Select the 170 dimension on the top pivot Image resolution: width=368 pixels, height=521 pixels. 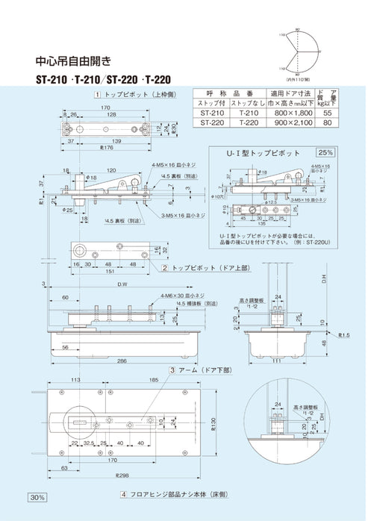point(107,108)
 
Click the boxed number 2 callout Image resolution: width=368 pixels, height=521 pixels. point(165,266)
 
